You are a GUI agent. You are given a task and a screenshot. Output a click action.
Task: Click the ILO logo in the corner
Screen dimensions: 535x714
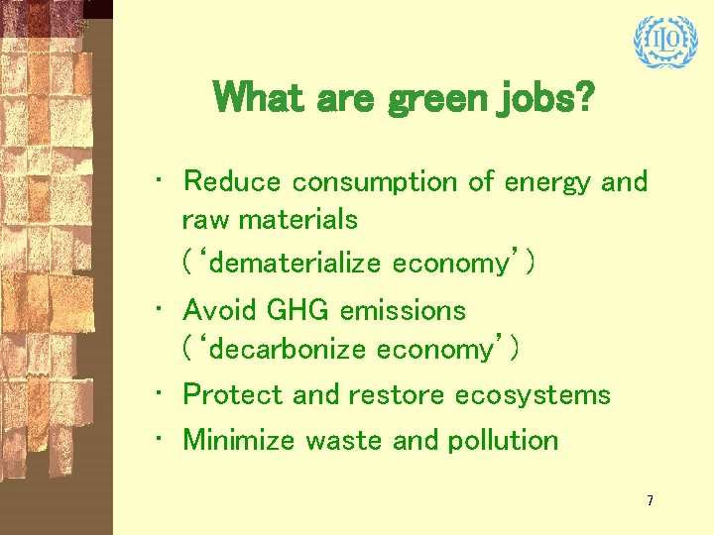tap(659, 42)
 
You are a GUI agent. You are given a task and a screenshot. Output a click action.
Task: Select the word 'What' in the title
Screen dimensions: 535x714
tap(256, 97)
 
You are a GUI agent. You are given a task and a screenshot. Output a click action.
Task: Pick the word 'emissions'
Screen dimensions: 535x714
tap(402, 310)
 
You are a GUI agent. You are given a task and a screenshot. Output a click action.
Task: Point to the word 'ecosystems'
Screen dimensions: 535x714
tap(533, 395)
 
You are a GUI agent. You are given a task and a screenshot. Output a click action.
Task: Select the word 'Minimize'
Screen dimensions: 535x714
tap(240, 439)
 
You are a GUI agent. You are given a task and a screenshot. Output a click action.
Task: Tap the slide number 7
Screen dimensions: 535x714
tap(650, 501)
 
